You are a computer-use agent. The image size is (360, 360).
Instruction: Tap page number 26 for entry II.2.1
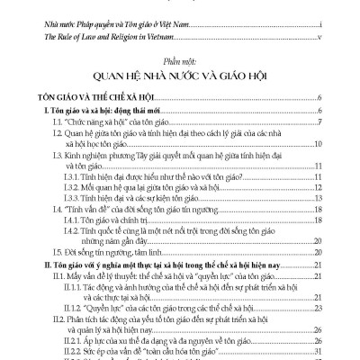pyautogui.click(x=319, y=345)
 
